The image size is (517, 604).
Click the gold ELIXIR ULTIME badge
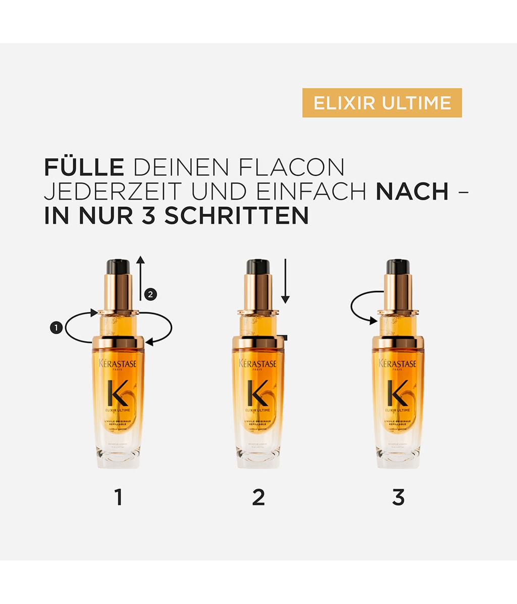[382, 103]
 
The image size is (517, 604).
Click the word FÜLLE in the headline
[84, 167]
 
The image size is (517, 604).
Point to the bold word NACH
[412, 192]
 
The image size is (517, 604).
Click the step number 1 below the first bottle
[119, 497]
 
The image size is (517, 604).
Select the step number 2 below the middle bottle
[258, 497]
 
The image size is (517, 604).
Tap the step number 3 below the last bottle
[398, 497]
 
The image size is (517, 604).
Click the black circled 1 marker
[56, 328]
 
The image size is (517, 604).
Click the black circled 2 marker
[150, 294]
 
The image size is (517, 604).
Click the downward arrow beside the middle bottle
[285, 281]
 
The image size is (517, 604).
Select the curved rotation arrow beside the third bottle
[365, 307]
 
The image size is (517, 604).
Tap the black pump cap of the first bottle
[118, 266]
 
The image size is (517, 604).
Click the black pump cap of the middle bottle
[257, 266]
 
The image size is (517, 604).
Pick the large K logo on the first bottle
[118, 392]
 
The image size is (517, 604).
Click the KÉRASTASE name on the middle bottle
[257, 364]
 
